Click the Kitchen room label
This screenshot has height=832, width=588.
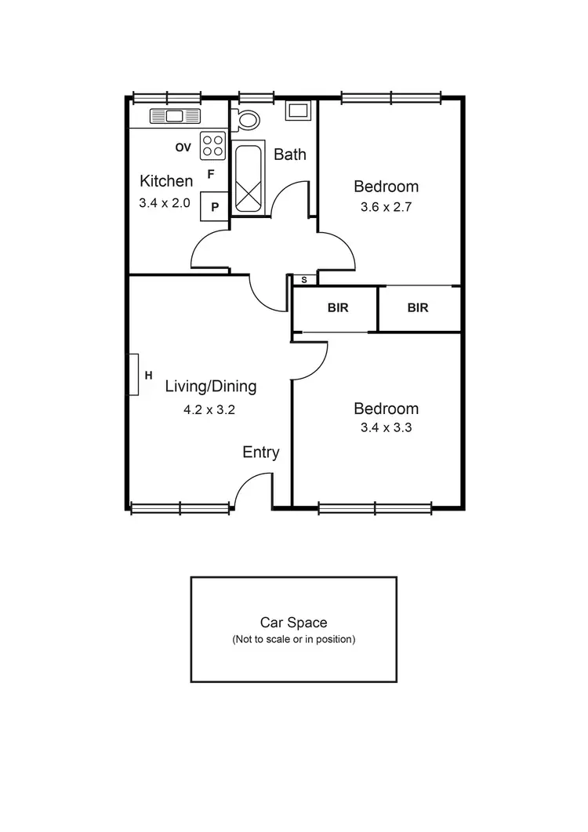(x=165, y=181)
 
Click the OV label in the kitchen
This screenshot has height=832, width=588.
(x=183, y=147)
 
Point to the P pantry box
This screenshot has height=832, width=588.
(x=214, y=207)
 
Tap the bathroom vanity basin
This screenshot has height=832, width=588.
(x=298, y=110)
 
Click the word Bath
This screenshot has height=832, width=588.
(x=289, y=154)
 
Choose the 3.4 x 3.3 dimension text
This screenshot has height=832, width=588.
(x=386, y=428)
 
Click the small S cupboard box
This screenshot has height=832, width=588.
(x=304, y=279)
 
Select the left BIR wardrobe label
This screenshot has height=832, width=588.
(x=337, y=308)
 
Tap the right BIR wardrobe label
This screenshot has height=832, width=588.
(x=418, y=308)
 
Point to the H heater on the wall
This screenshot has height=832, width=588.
(x=134, y=375)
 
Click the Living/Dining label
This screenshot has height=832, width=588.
(x=210, y=387)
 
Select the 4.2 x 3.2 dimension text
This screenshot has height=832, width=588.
(x=210, y=409)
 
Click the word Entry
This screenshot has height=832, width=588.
(x=260, y=452)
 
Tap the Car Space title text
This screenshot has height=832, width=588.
(x=293, y=623)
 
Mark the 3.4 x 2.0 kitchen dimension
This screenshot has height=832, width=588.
(x=165, y=202)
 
